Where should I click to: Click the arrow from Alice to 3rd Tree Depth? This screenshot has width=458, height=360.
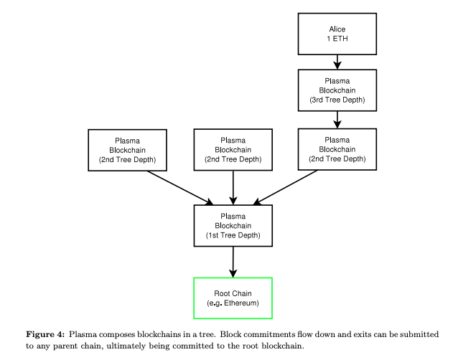pos(337,62)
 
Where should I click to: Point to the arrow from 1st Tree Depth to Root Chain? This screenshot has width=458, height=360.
pos(233,262)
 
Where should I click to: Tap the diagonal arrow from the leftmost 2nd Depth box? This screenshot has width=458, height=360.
pos(180,188)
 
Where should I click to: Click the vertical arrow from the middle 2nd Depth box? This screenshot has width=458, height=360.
pos(233,188)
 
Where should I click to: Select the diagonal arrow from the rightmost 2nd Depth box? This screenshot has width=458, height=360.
pos(286,188)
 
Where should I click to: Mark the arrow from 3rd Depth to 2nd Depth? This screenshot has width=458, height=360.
pos(337,120)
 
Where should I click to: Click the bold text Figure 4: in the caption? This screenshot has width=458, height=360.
pos(45,334)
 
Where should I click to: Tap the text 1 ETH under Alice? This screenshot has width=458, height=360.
pos(337,39)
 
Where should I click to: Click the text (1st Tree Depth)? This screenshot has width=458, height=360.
pos(233,235)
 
